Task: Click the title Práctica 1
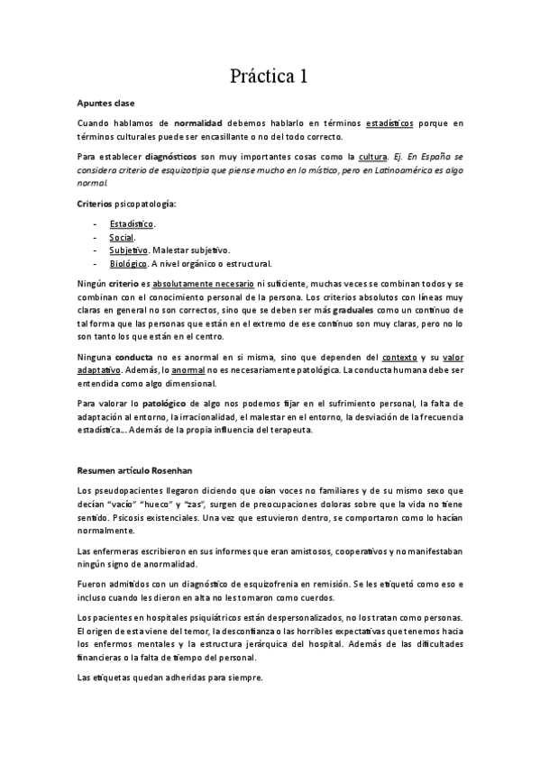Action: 270,77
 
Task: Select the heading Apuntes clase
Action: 105,104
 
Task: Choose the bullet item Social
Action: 123,236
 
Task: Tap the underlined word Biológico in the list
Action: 129,263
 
